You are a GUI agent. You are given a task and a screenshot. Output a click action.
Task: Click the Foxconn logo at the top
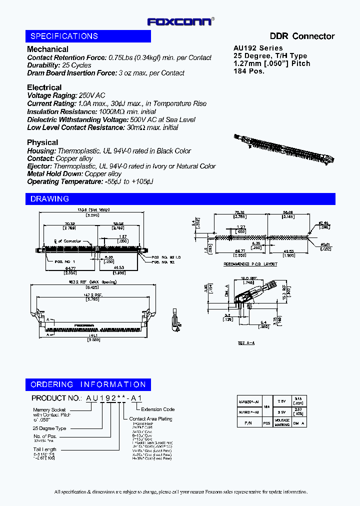click(181, 21)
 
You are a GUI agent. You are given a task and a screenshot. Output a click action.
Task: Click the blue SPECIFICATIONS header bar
click(88, 36)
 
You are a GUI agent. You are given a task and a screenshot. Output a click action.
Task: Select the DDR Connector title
click(302, 36)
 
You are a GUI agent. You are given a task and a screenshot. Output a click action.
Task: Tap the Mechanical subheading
click(47, 49)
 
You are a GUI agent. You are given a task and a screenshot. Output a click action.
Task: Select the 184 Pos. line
click(249, 71)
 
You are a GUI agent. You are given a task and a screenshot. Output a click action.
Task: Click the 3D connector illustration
click(283, 149)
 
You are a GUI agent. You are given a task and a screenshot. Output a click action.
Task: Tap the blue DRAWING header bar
click(180, 198)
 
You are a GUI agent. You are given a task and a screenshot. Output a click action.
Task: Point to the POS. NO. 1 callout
click(63, 260)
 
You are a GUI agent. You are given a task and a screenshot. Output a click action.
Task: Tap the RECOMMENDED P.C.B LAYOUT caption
click(250, 264)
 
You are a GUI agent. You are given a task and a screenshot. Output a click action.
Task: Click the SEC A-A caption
click(247, 343)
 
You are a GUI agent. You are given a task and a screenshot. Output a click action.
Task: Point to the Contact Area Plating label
click(150, 419)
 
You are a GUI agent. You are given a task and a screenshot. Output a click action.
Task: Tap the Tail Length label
click(44, 449)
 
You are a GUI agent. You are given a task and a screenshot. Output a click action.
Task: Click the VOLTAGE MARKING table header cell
click(282, 422)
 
